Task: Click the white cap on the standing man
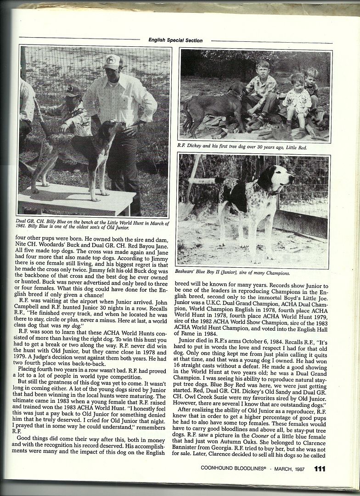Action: click(112, 62)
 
